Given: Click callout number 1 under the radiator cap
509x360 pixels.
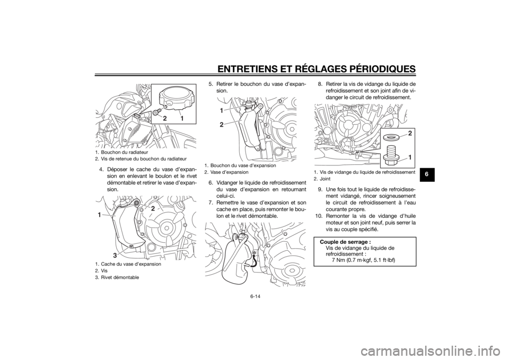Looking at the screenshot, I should click(182, 118).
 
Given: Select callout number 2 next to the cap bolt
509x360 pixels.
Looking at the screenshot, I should click(165, 118).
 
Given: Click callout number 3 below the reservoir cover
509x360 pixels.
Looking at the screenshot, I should click(114, 255).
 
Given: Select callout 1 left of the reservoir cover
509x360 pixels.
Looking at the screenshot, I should click(99, 215).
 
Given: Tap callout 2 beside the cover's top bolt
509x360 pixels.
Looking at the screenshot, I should click(153, 208).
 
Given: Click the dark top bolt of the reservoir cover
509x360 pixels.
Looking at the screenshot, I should click(136, 203).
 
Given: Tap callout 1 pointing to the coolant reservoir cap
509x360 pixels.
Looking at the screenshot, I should click(221, 110).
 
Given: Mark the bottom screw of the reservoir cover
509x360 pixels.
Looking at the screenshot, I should click(129, 247).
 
